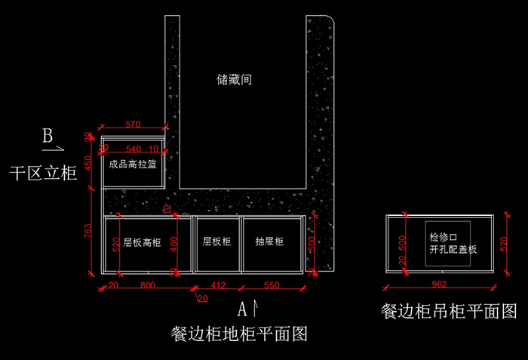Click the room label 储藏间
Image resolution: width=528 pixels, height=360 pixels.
(x=234, y=78)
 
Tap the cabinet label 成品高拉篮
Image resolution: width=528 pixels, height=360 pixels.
(x=133, y=164)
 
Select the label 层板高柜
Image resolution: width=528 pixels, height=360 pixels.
(x=143, y=242)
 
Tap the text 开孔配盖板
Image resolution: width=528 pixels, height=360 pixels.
(x=453, y=248)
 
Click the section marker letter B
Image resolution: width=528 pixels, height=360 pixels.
(x=47, y=137)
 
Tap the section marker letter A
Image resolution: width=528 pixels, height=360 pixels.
(x=243, y=308)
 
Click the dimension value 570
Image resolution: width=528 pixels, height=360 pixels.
(x=134, y=124)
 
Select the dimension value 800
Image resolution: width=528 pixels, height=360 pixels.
(x=148, y=286)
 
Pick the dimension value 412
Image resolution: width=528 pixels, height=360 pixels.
(x=217, y=286)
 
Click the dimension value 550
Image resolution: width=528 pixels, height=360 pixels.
(x=271, y=286)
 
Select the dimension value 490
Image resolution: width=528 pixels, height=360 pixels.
(x=173, y=243)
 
